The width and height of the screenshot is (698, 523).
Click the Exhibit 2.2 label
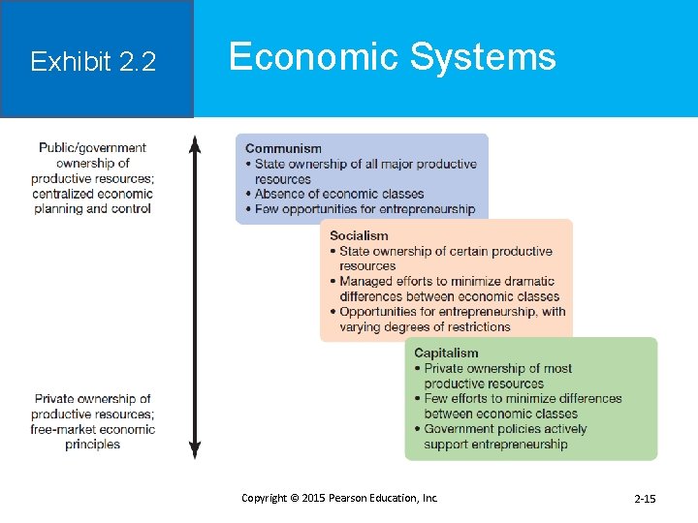(93, 62)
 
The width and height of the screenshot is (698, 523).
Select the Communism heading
(283, 148)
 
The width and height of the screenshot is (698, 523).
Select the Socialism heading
(359, 235)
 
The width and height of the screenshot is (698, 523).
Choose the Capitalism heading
(446, 353)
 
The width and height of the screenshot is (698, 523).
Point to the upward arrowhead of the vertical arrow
(195, 144)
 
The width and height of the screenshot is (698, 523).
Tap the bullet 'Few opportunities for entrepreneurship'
(365, 209)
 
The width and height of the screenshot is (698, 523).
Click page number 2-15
(645, 499)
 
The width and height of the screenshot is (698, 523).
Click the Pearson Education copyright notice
(339, 498)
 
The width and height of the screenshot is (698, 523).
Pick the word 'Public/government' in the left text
(92, 148)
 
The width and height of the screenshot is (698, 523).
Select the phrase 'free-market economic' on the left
(92, 429)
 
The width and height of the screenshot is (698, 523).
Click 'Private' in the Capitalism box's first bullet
(444, 368)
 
